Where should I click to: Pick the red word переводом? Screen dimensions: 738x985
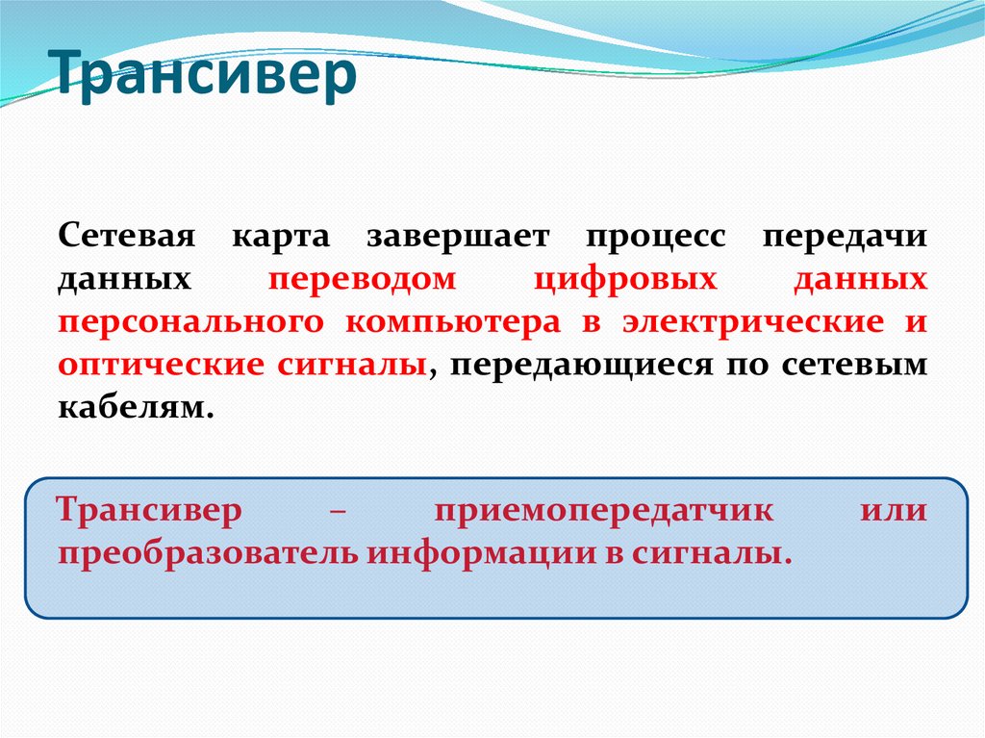coord(362,280)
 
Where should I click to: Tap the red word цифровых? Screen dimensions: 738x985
coord(625,280)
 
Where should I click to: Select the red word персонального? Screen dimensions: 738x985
coord(193,323)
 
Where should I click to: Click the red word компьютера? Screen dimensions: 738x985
coord(452,323)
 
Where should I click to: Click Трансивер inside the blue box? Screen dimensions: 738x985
coord(150,510)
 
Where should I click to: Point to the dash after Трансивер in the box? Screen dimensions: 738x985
coord(338,512)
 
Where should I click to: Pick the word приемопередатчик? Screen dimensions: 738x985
coord(603,511)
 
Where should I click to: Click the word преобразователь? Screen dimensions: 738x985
coord(206,553)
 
